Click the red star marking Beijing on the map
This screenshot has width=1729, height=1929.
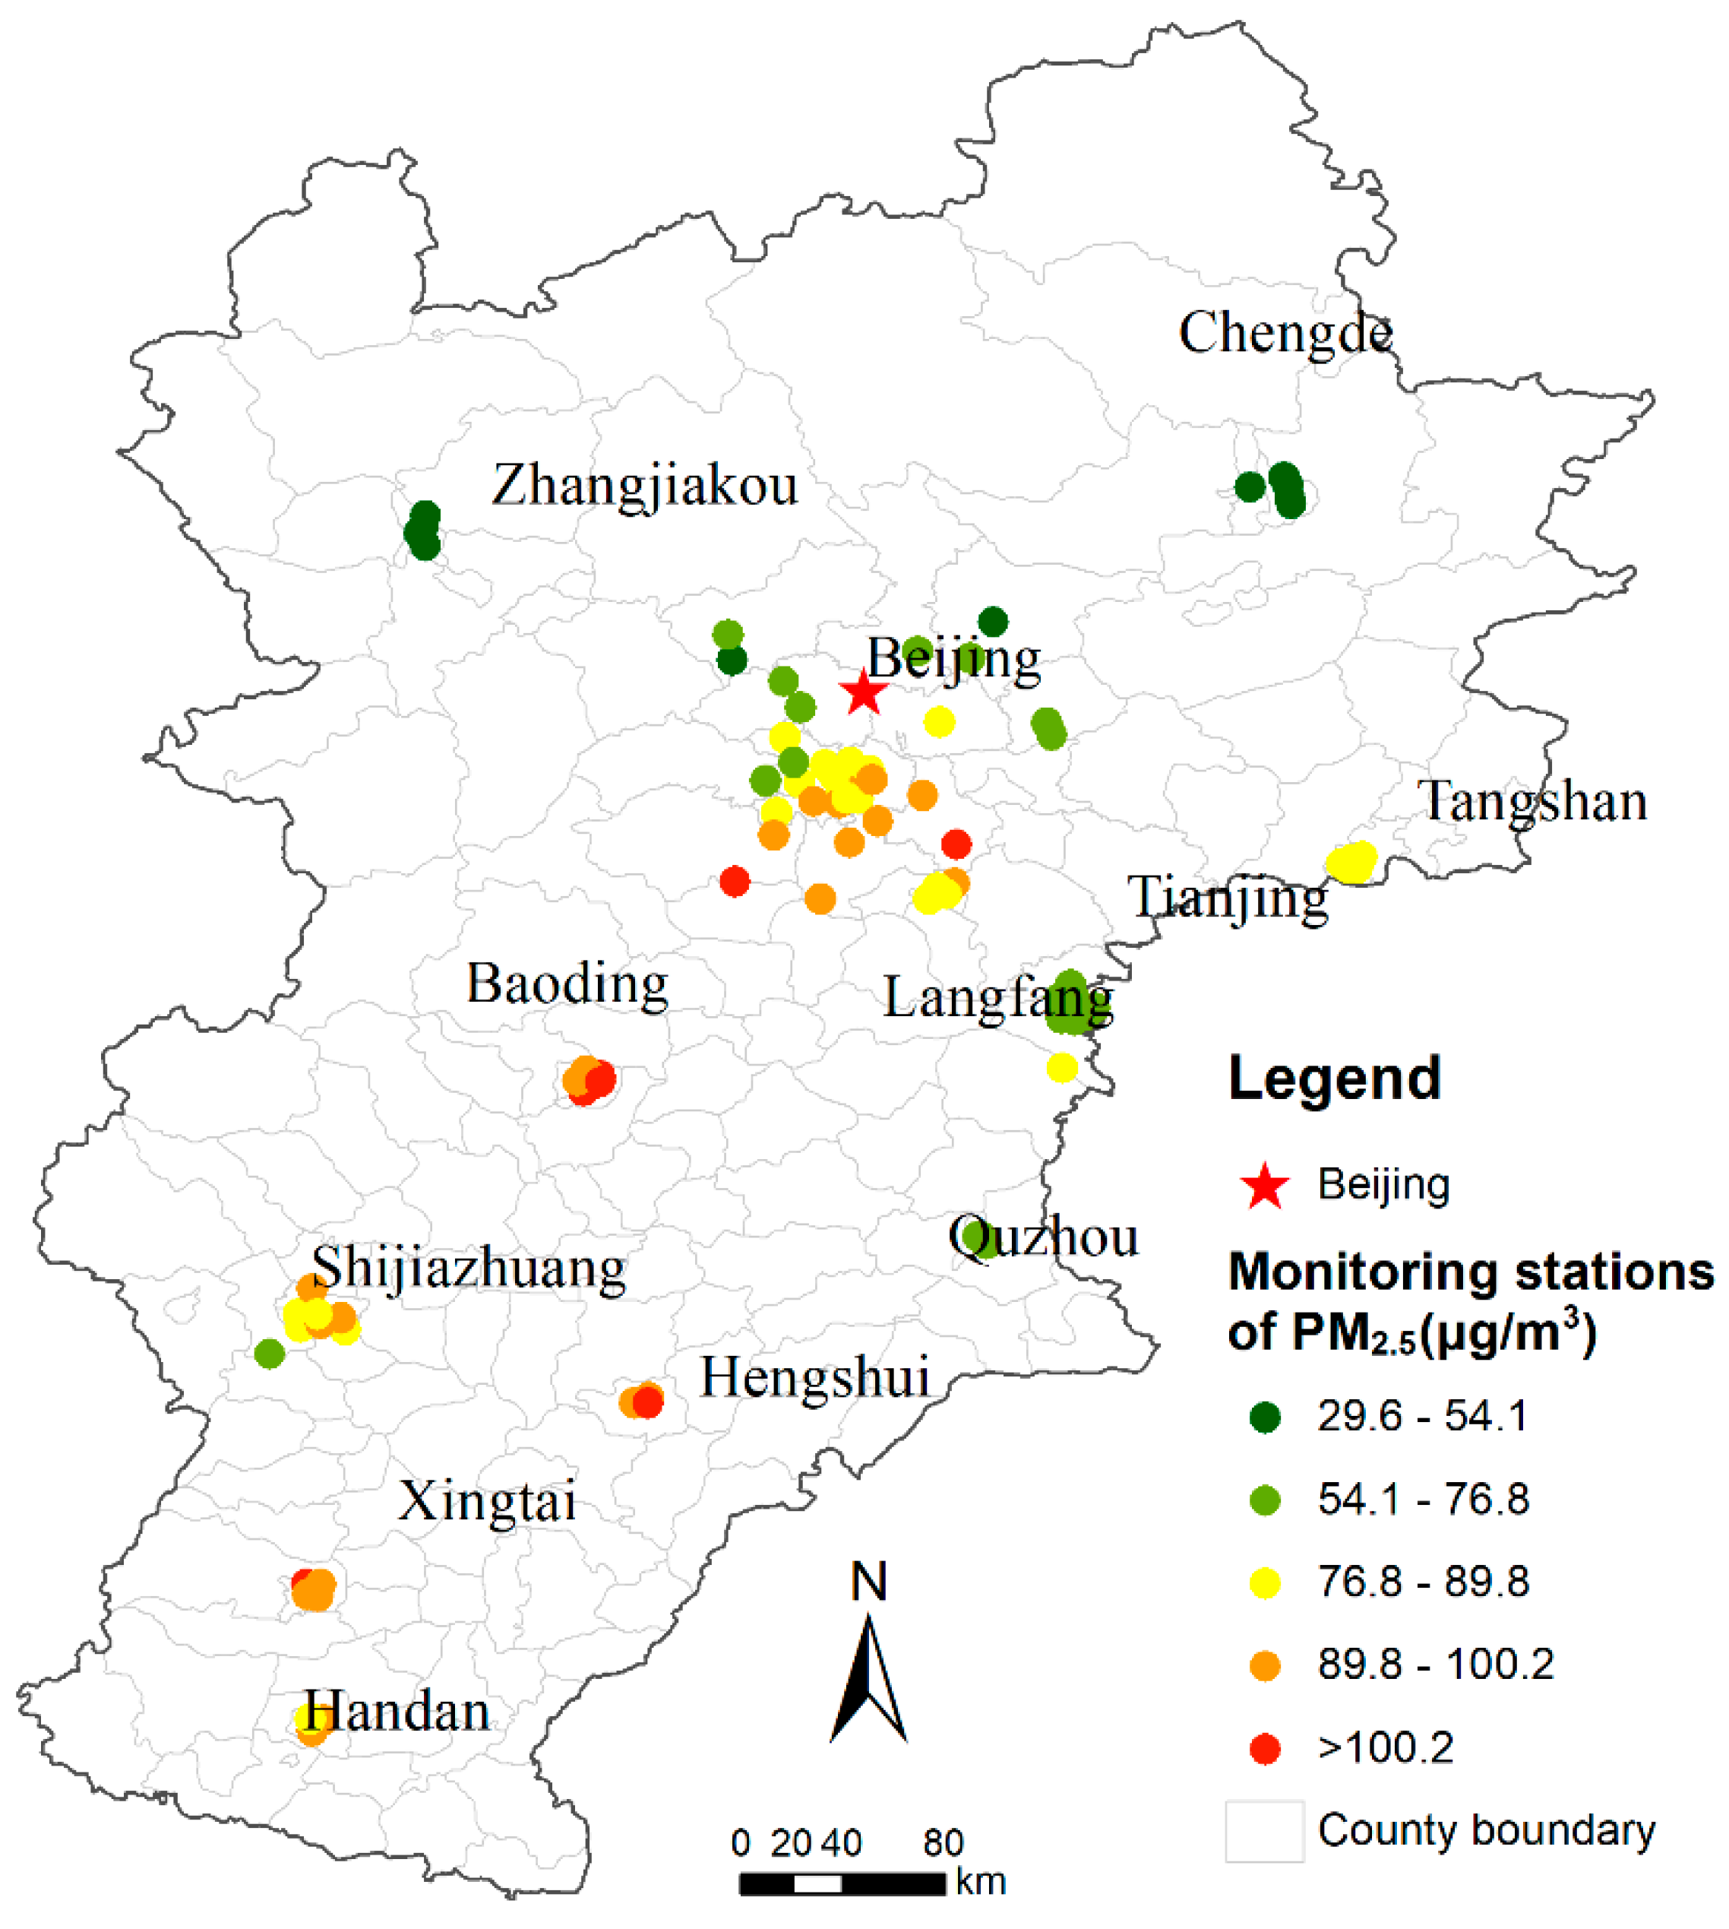[x=862, y=692]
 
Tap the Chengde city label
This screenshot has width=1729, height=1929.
[x=1285, y=333]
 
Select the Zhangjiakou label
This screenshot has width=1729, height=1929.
[x=644, y=485]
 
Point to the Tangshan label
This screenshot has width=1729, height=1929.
[x=1532, y=801]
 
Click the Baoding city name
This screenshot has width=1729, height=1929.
[x=567, y=983]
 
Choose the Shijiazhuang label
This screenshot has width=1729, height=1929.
[x=469, y=1267]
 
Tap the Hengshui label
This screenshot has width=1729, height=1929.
[x=814, y=1377]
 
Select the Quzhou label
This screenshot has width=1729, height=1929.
[x=1043, y=1237]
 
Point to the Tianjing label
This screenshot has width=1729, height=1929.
[x=1228, y=897]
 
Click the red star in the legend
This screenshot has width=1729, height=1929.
[x=1264, y=1186]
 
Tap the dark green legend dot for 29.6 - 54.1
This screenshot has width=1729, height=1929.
[x=1264, y=1417]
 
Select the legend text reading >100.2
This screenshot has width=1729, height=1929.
[x=1385, y=1747]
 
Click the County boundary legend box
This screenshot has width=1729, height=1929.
[x=1263, y=1831]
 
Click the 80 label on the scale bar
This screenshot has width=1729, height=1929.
[x=943, y=1843]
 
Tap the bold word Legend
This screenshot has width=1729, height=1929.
[x=1334, y=1079]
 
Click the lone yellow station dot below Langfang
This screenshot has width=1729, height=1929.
[x=1061, y=1067]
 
